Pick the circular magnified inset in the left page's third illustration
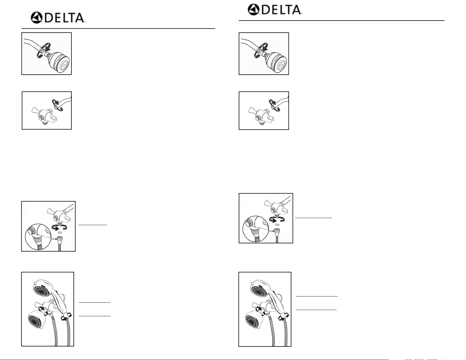tap(39, 237)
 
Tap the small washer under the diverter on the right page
tap(277, 225)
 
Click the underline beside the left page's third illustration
tap(93, 225)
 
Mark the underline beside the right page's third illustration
tap(313, 218)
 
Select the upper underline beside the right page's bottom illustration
tap(317, 296)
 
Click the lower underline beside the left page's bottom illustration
tap(95, 316)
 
